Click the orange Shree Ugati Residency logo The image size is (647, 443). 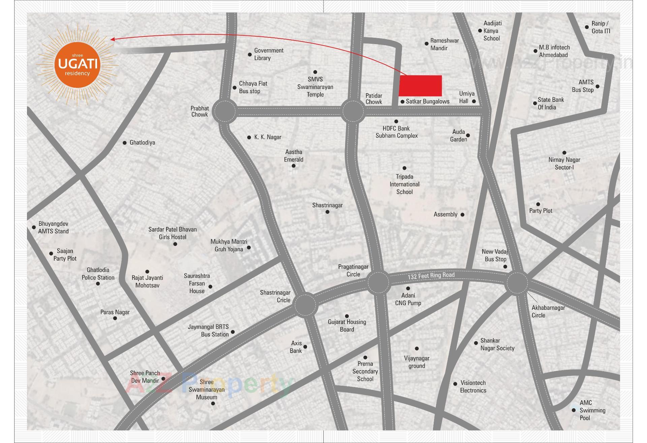(77, 64)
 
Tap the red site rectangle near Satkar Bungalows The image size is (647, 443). (420, 86)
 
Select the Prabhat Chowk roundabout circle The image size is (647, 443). (225, 111)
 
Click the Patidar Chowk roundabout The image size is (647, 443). (353, 111)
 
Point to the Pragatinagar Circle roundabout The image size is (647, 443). (378, 283)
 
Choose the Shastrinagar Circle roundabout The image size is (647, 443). (305, 305)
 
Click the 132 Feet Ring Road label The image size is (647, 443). (431, 276)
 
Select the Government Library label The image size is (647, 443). (269, 54)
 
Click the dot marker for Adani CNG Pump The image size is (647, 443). (408, 288)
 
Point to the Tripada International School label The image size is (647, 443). (404, 184)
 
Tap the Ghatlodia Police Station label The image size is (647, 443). (98, 274)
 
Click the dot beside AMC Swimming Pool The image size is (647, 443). (574, 410)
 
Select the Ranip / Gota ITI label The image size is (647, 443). (600, 27)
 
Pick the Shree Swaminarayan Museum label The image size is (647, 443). (207, 389)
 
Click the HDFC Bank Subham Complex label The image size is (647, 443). (397, 132)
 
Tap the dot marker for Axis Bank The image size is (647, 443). (305, 347)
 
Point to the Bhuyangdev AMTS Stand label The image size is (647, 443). (53, 228)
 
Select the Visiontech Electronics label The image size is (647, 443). (473, 386)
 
